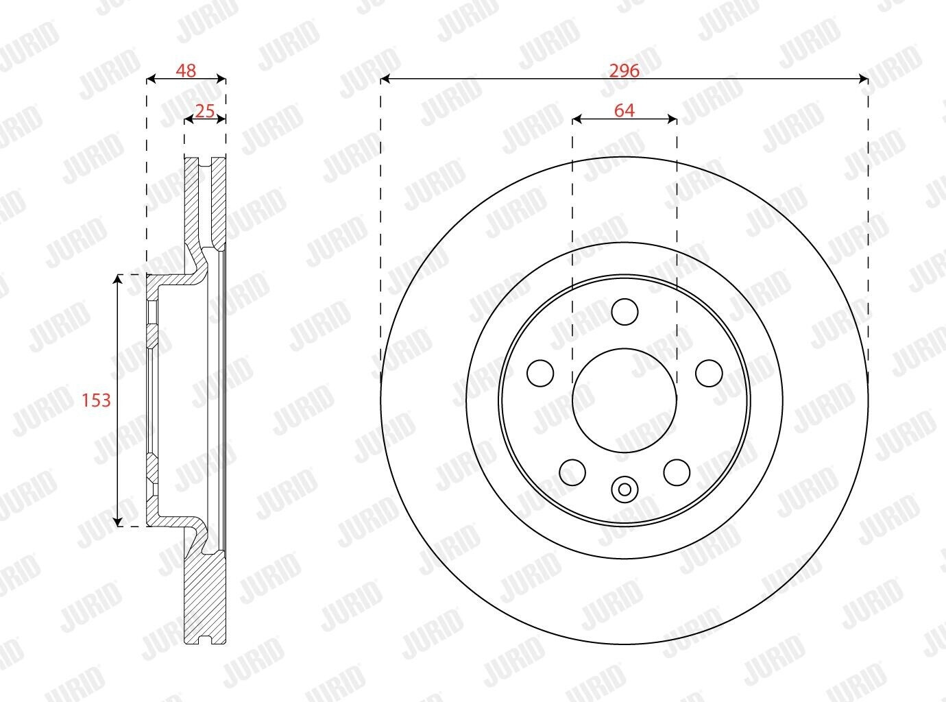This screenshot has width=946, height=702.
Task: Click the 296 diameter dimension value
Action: pos(624,71)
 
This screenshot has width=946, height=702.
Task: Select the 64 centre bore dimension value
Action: pos(624,110)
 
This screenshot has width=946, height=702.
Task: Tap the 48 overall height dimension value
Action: pos(186,71)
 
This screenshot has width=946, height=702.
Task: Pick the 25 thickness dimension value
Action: pos(205,111)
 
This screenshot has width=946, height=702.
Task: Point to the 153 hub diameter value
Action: pos(96,400)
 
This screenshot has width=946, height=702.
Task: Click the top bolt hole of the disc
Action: pos(624,312)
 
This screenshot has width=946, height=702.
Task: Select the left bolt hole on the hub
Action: pos(540,373)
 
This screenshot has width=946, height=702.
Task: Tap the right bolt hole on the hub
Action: pos(709,373)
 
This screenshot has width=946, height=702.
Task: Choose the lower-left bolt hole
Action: pos(572,472)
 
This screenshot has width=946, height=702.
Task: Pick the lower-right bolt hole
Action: pos(677,472)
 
